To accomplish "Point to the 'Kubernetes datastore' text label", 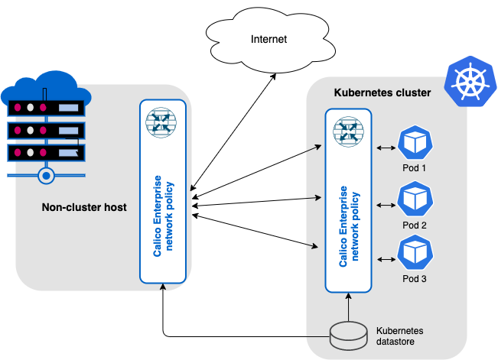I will point(399,336).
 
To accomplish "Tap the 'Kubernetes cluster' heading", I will point(382,92).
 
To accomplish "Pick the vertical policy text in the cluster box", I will point(348,225).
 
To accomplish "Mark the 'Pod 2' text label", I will point(414,225).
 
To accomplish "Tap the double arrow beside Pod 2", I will point(385,203).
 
